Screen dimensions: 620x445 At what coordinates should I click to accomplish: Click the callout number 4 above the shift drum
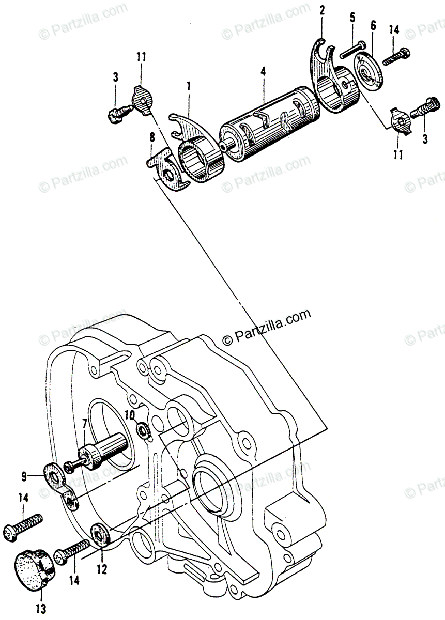tap(264, 72)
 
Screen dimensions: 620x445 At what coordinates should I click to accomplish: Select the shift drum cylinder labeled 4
tap(266, 127)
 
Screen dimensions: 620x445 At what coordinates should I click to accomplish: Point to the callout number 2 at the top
tap(321, 10)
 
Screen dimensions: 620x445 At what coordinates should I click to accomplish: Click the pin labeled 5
tap(353, 49)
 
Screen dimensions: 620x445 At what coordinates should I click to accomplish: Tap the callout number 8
tap(152, 137)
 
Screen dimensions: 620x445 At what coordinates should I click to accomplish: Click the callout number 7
tap(84, 425)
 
